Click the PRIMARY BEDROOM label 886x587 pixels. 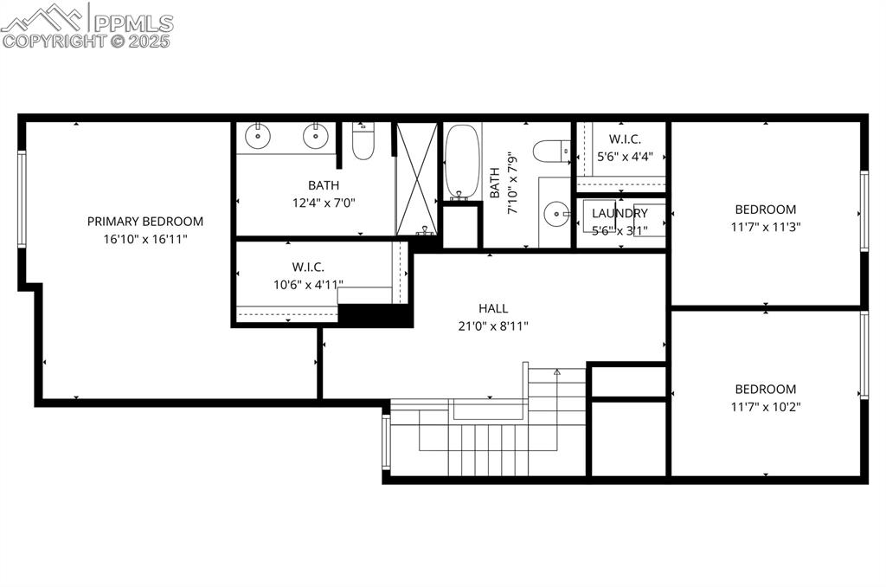(145, 222)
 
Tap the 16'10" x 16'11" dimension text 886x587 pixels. (145, 239)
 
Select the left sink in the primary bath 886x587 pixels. (258, 136)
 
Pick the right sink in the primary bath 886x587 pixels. (316, 136)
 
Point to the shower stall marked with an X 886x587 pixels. (417, 178)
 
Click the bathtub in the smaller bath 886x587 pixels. (462, 162)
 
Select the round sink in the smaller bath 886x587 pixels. (554, 213)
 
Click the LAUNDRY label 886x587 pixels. (620, 214)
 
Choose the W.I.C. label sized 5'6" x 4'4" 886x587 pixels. (625, 139)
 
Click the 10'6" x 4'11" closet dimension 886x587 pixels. (308, 284)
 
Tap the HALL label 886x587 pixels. (493, 308)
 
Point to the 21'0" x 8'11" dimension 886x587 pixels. (493, 326)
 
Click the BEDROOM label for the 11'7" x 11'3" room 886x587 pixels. (766, 210)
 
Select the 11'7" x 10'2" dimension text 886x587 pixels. (766, 407)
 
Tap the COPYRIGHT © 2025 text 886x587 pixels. (87, 40)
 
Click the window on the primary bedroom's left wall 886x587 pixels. (22, 199)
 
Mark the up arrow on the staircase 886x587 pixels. (557, 372)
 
